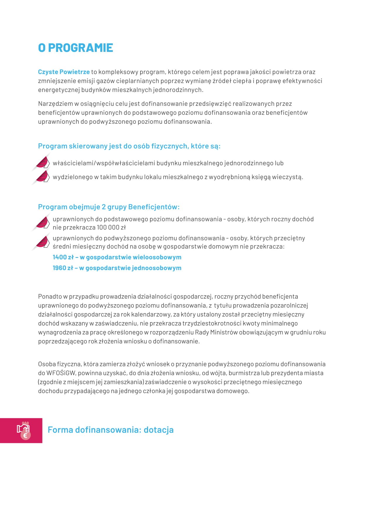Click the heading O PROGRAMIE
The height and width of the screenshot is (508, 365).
75,48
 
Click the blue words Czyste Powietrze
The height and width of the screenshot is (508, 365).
64,72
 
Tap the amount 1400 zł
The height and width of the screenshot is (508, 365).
63,257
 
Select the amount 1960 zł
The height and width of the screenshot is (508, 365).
63,268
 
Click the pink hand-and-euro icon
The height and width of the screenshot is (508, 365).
23,430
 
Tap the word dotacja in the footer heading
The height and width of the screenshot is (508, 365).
159,430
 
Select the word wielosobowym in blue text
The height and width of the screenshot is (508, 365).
157,257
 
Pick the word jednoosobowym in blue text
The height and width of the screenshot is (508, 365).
157,268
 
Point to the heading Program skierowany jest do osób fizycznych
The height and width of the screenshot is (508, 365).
129,146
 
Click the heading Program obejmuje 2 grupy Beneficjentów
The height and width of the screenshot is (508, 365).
109,207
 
